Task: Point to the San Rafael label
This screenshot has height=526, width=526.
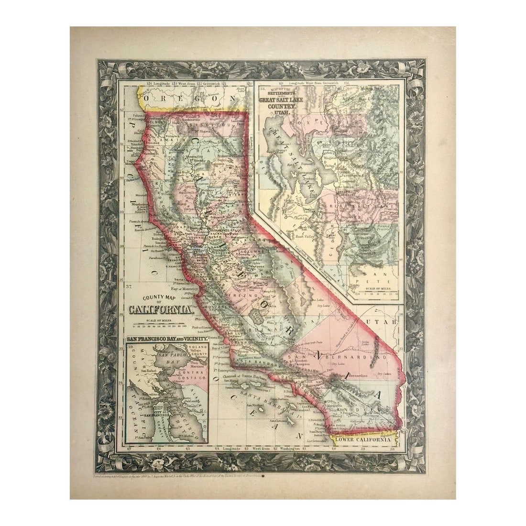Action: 149,371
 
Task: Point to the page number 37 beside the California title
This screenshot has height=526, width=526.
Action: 129,286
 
